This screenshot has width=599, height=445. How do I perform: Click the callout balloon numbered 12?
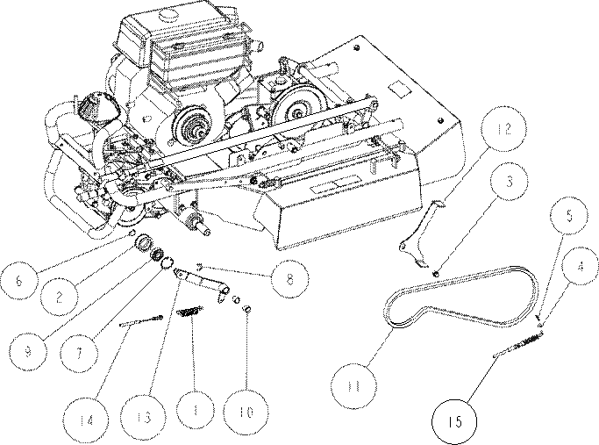tap(503, 129)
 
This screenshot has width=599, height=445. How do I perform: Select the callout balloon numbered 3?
tap(510, 181)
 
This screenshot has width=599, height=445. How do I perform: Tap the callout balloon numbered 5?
tap(569, 216)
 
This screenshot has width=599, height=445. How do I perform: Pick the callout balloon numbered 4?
tap(581, 266)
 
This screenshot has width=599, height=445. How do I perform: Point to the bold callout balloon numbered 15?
tap(454, 421)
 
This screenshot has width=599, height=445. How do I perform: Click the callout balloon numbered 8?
tap(289, 278)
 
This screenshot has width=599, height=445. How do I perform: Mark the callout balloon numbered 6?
tap(19, 280)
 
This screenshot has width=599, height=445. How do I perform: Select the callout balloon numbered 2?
tap(59, 297)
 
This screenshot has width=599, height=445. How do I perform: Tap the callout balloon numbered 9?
tap(27, 351)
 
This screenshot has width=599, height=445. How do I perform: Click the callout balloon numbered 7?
tap(79, 353)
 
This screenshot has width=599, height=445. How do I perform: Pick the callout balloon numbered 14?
tap(86, 420)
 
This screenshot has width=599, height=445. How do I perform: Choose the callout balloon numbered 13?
tap(143, 417)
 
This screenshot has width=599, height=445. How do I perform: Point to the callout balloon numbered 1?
tap(195, 409)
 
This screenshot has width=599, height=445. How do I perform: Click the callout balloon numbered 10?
tap(246, 412)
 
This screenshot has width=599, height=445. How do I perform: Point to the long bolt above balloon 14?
tap(141, 321)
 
